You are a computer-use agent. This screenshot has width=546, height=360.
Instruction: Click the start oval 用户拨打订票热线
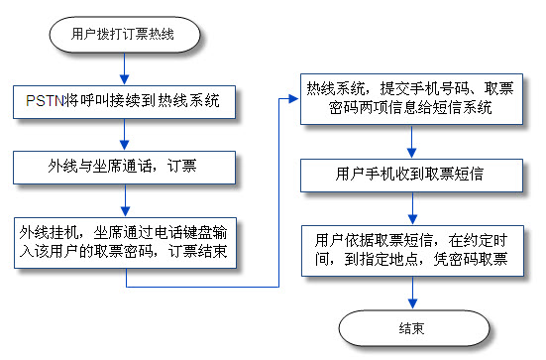125,34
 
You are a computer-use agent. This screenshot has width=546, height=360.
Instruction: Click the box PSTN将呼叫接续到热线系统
125,100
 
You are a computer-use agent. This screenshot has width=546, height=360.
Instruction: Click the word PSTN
44,100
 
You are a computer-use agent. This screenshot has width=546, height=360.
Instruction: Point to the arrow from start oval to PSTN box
125,67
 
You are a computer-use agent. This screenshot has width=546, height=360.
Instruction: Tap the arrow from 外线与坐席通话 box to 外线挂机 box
125,204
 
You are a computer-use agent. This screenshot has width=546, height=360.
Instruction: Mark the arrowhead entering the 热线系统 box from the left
295,97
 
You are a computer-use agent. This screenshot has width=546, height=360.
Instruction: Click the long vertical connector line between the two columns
278,188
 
